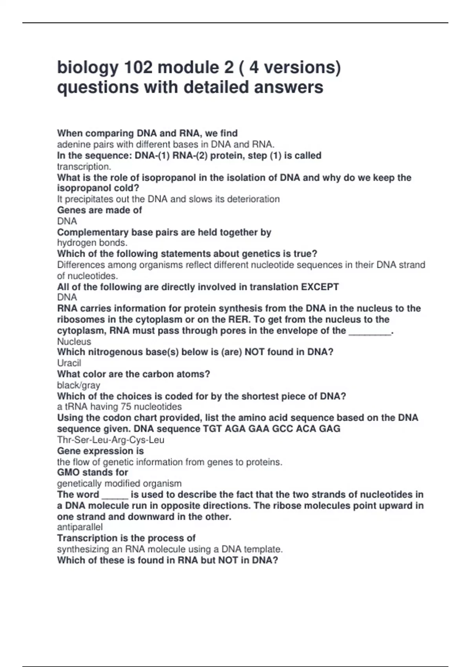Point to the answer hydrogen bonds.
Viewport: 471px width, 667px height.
pyautogui.click(x=92, y=243)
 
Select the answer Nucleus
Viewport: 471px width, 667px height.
pyautogui.click(x=74, y=341)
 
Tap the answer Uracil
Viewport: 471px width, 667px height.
pyautogui.click(x=69, y=363)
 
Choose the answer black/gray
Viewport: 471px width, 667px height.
pyautogui.click(x=78, y=385)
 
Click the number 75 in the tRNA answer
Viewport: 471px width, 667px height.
pyautogui.click(x=126, y=407)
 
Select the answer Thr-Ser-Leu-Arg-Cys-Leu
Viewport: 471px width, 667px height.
pyautogui.click(x=111, y=440)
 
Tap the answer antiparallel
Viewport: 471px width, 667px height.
pyautogui.click(x=80, y=527)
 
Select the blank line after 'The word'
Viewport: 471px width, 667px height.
pyautogui.click(x=115, y=495)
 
